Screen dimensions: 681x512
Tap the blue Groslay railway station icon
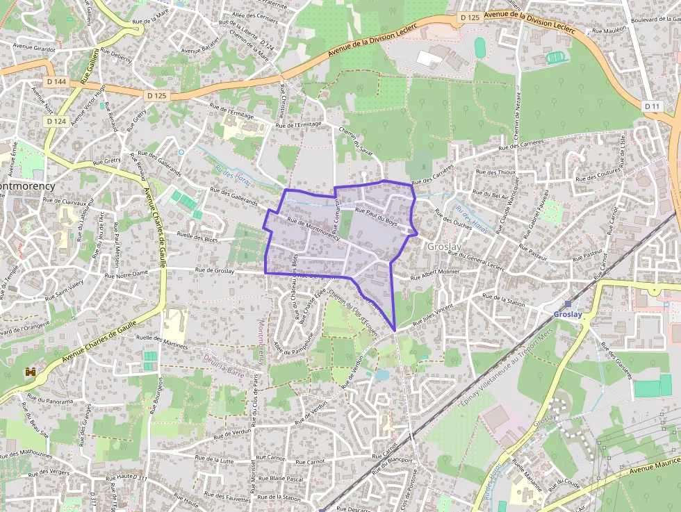568,304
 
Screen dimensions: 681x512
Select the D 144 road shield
58,82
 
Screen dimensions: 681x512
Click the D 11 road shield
651,106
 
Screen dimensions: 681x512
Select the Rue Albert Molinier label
435,274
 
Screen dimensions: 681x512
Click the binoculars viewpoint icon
31,372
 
